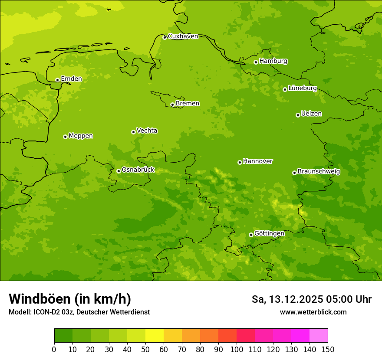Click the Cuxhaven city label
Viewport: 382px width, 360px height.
coord(183,36)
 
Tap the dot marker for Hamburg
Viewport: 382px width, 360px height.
coord(256,62)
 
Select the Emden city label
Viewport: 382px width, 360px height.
coord(71,79)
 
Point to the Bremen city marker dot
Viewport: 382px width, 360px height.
coord(172,105)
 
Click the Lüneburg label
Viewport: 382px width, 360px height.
coord(303,88)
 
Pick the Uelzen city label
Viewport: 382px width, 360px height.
coord(311,114)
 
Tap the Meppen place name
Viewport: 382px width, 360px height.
coord(81,136)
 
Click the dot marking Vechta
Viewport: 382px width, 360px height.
coord(133,132)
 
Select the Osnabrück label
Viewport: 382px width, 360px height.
coord(138,170)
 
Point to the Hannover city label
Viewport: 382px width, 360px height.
coord(258,161)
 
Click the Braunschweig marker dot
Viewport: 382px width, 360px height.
coord(294,173)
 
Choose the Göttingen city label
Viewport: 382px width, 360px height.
coord(269,233)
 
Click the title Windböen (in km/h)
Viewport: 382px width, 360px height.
coord(70,299)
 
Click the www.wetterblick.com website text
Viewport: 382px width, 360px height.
coord(313,312)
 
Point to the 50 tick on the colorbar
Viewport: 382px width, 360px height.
coord(145,349)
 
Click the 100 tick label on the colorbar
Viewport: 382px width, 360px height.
coord(237,349)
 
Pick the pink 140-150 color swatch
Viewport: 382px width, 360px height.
coord(319,336)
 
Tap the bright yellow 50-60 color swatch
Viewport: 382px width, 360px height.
coord(155,336)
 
